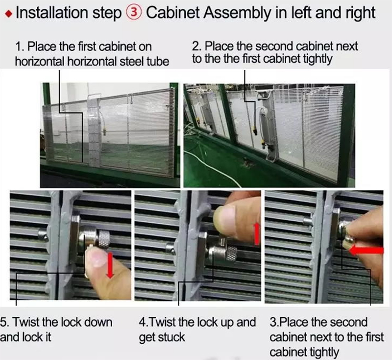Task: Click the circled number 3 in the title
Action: pyautogui.click(x=134, y=13)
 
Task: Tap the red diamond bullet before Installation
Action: pyautogui.click(x=8, y=14)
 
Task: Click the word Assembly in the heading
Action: pyautogui.click(x=238, y=13)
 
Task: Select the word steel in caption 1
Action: pyautogui.click(x=131, y=61)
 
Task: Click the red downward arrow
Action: pyautogui.click(x=110, y=265)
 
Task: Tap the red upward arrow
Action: pyautogui.click(x=257, y=234)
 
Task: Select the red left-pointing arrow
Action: pyautogui.click(x=366, y=250)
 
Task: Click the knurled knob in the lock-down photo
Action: pyautogui.click(x=103, y=239)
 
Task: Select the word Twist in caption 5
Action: pyautogui.click(x=26, y=322)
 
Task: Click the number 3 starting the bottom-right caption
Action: pyautogui.click(x=272, y=322)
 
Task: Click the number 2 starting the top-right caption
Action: pyautogui.click(x=195, y=46)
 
